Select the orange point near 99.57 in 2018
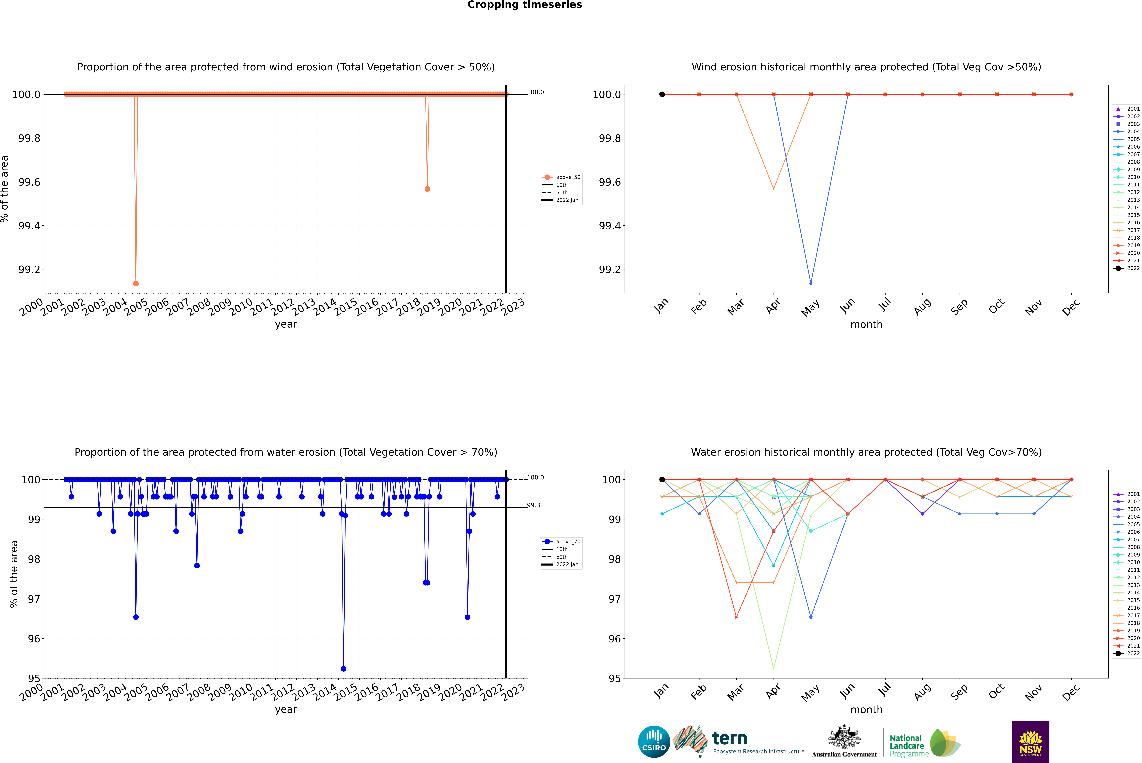[427, 189]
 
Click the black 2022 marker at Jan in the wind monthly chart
[662, 94]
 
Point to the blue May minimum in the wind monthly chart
[811, 283]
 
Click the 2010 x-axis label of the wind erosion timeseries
[241, 308]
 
